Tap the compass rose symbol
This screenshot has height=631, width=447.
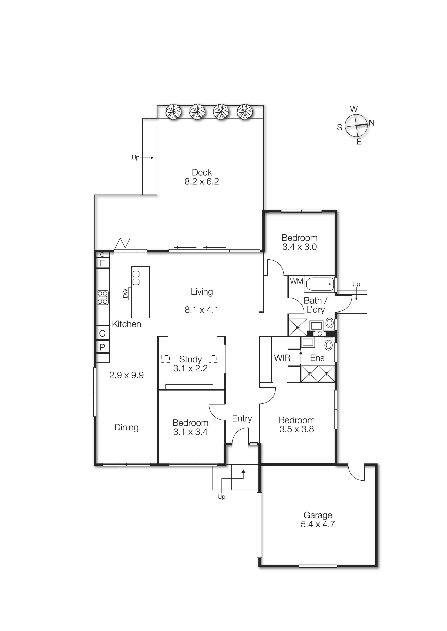[356, 125]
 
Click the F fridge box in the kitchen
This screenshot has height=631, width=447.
[102, 263]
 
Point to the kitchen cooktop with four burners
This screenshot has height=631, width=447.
[103, 298]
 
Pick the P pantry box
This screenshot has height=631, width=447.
[102, 347]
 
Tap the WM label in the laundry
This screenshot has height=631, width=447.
[296, 281]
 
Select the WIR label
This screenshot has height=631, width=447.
[282, 358]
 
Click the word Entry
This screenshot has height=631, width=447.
[242, 418]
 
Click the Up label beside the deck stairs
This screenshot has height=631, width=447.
[135, 158]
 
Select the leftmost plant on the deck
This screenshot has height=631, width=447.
[173, 111]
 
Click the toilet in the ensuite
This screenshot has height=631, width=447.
[328, 345]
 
